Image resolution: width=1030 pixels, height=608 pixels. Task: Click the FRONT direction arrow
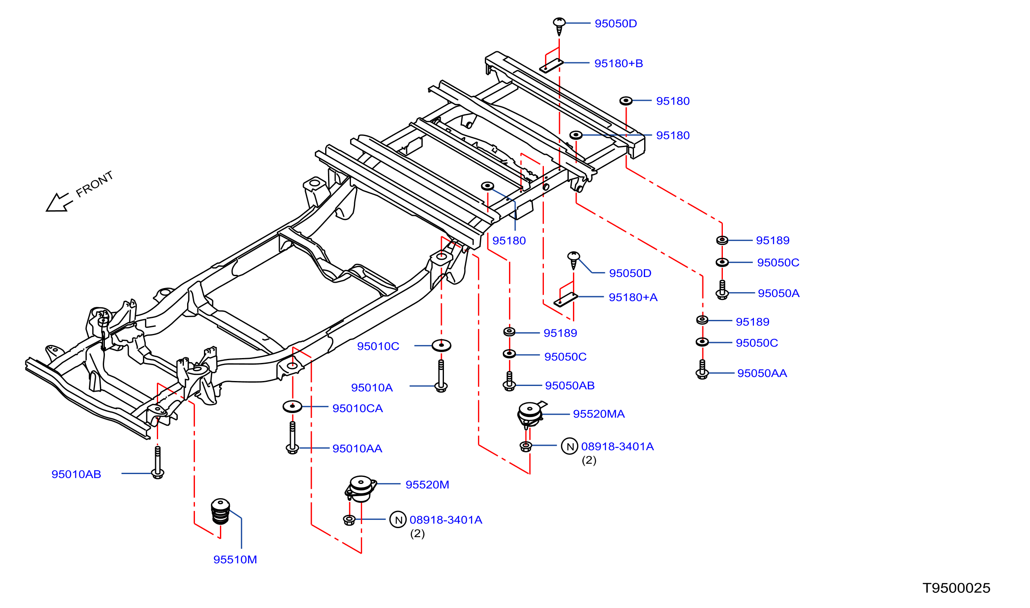click(59, 202)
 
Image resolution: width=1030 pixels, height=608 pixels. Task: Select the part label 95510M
click(235, 560)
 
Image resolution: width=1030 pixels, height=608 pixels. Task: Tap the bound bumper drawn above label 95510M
click(220, 511)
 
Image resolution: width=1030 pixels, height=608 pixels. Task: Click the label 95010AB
click(76, 474)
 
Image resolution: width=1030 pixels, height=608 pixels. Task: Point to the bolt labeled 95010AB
click(158, 463)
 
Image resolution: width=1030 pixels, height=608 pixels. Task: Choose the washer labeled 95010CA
click(292, 406)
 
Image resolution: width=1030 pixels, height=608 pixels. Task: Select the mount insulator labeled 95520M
click(360, 489)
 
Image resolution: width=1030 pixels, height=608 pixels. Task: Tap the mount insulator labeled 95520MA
click(531, 415)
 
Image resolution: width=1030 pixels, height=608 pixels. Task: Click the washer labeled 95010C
click(441, 345)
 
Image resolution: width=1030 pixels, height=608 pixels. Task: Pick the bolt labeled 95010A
click(441, 376)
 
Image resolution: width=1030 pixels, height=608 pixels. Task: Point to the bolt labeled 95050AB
click(509, 381)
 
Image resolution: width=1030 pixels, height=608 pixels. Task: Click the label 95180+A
click(633, 297)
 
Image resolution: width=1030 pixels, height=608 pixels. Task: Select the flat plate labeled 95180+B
click(551, 66)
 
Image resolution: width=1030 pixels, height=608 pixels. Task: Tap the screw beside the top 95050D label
click(559, 27)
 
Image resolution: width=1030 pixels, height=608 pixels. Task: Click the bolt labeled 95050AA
click(702, 369)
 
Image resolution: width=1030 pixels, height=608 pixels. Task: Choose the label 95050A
click(779, 293)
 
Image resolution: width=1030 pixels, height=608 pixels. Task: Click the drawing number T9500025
click(956, 588)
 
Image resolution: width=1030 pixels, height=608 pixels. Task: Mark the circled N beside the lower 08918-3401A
click(398, 520)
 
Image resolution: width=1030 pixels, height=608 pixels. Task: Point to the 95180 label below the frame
click(509, 240)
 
